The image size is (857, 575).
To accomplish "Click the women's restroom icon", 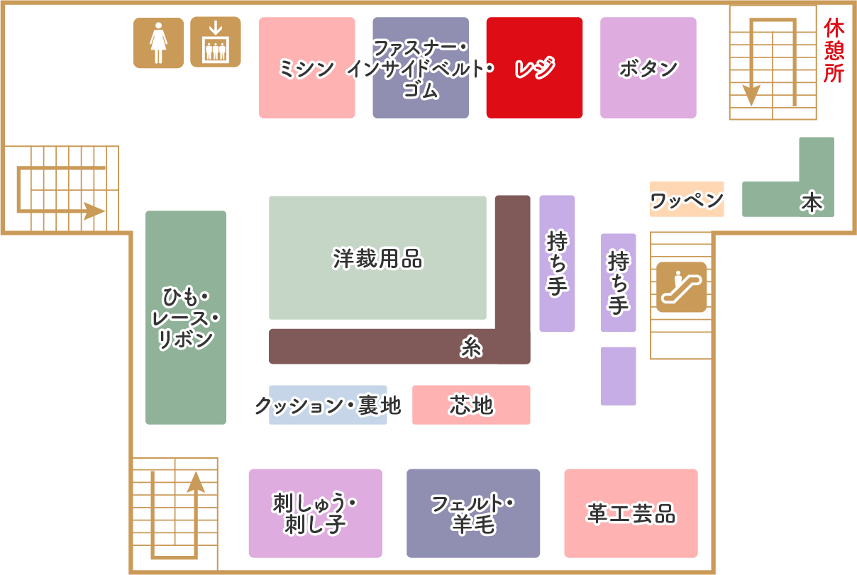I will pyautogui.click(x=158, y=43).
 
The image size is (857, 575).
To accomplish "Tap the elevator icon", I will pyautogui.click(x=215, y=42).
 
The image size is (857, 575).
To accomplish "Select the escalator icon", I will pyautogui.click(x=681, y=287).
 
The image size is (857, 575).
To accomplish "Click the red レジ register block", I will pyautogui.click(x=534, y=68).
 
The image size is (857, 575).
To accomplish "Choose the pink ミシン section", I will pyautogui.click(x=306, y=68).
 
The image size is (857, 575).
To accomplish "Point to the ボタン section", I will pyautogui.click(x=648, y=68).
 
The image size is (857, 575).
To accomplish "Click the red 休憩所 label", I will pyautogui.click(x=834, y=51).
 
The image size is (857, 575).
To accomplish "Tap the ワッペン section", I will pyautogui.click(x=687, y=200).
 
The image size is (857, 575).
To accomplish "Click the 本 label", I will pyautogui.click(x=812, y=203).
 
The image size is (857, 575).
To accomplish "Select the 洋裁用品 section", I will pyautogui.click(x=377, y=258).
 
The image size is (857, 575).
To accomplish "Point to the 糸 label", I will pyautogui.click(x=470, y=347).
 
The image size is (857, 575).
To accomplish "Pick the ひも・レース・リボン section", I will pyautogui.click(x=186, y=318).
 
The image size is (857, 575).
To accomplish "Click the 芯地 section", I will pyautogui.click(x=471, y=405).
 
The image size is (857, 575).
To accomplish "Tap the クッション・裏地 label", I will pyautogui.click(x=328, y=406).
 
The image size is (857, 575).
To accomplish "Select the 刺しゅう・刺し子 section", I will pyautogui.click(x=315, y=513).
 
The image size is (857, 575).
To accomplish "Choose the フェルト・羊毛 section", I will pyautogui.click(x=473, y=513).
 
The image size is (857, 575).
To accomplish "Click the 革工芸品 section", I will pyautogui.click(x=631, y=513).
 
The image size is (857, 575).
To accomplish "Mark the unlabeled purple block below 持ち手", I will pyautogui.click(x=618, y=376).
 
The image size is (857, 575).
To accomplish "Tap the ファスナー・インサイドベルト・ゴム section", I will pyautogui.click(x=421, y=68).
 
